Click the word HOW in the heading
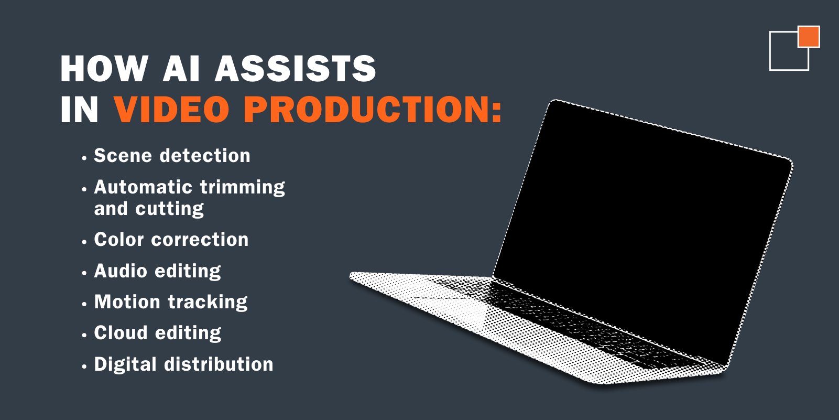(104, 68)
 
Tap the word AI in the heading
(181, 68)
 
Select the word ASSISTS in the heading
(295, 68)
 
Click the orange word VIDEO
(171, 109)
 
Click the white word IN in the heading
(79, 109)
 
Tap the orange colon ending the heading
(497, 111)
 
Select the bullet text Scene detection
(172, 156)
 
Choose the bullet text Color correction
(171, 240)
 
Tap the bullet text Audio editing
(157, 271)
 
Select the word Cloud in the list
(121, 333)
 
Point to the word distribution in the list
(219, 364)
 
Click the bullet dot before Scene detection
(84, 158)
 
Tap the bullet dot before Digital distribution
(84, 367)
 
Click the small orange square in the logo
(809, 37)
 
